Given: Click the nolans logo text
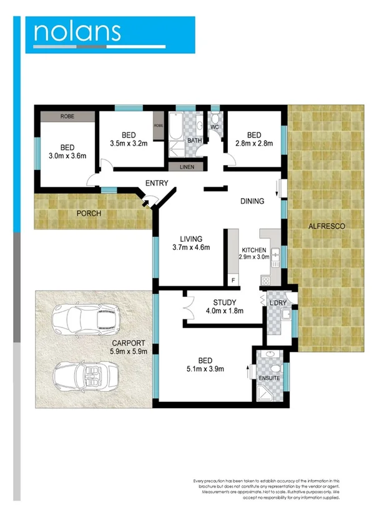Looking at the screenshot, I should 77,32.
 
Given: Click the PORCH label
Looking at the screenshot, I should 89,213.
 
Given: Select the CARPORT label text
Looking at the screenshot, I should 129,342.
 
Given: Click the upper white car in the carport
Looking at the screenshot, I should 84,319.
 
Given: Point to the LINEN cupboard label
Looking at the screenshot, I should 186,167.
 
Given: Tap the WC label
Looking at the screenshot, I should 214,127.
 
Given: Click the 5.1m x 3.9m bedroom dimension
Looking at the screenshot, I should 205,369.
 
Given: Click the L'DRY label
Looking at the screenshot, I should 278,303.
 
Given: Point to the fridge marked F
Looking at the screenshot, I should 234,281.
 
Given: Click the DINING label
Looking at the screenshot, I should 253,201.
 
